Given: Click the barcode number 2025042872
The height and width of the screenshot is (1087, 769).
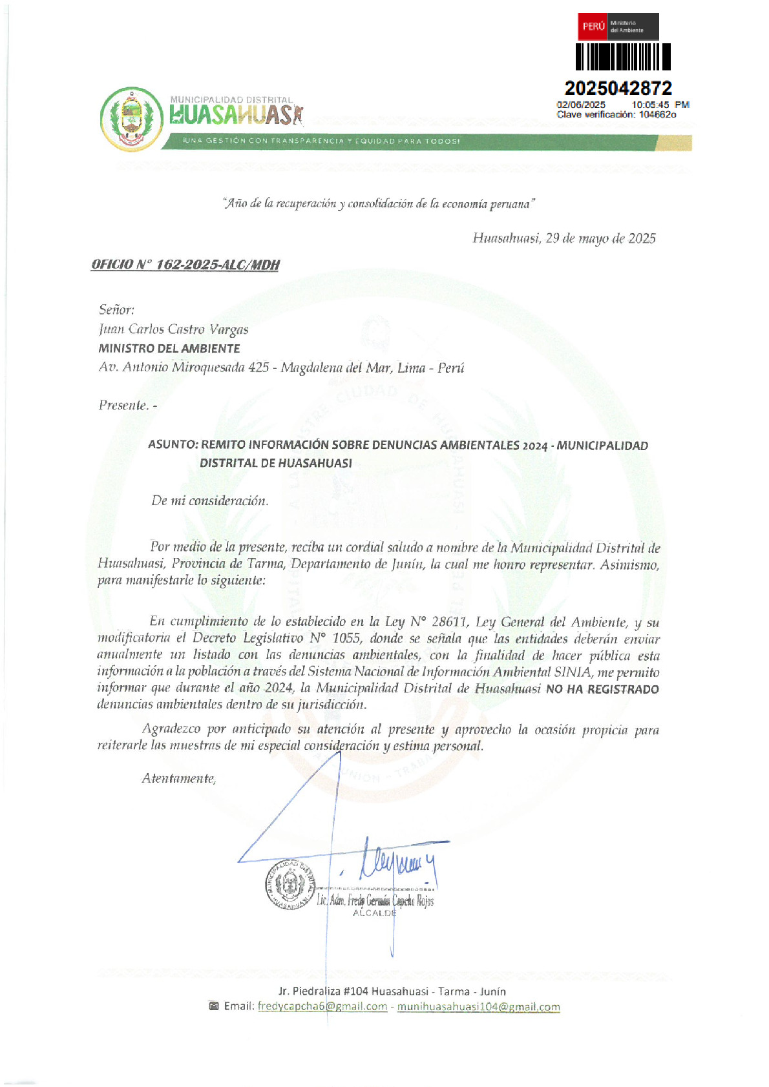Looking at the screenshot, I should pos(618,88).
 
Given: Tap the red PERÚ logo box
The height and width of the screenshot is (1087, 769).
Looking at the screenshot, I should pos(593,26).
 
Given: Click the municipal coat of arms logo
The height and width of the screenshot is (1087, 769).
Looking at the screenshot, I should pos(132,119).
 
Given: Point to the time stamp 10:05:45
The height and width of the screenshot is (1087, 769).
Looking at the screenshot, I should pos(650,105).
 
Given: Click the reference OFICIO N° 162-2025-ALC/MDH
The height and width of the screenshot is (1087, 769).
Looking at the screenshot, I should pos(185,265).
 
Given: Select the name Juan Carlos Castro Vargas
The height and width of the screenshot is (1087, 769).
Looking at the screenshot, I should pos(173,329).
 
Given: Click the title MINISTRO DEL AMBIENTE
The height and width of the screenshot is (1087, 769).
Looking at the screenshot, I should pos(169,348).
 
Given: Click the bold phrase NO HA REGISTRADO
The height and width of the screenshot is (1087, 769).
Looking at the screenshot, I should pos(602,689).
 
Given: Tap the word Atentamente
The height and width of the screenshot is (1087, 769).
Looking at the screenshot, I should pos(179,778).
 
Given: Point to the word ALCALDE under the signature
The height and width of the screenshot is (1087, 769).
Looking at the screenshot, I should pos(374,913).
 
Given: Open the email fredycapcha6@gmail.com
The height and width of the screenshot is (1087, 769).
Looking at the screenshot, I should pos(322,1006).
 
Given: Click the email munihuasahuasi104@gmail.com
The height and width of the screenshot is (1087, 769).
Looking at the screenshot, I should pos(478,1006).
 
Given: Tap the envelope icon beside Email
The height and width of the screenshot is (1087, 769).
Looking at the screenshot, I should pos(213,1006).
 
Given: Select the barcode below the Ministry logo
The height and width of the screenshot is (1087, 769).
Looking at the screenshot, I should pos(623,57).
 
